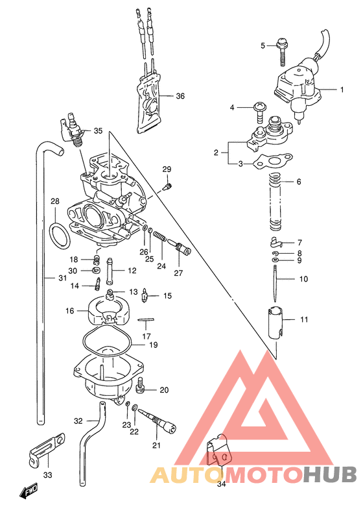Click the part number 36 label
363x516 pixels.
[x=180, y=97]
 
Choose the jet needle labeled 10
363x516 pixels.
[x=276, y=280]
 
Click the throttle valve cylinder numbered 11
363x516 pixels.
[x=277, y=320]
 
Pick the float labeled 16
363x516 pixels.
[x=107, y=311]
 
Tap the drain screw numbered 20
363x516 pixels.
[x=141, y=389]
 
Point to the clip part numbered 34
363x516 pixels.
[x=218, y=451]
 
